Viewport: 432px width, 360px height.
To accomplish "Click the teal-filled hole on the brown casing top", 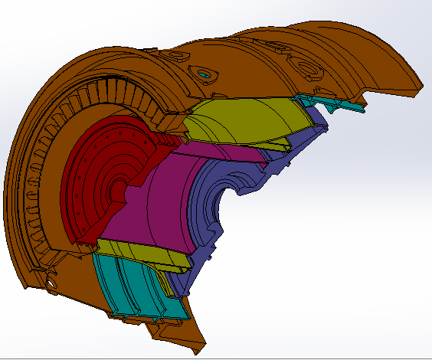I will click(205, 74).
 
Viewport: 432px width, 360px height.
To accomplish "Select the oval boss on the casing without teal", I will click(311, 69).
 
